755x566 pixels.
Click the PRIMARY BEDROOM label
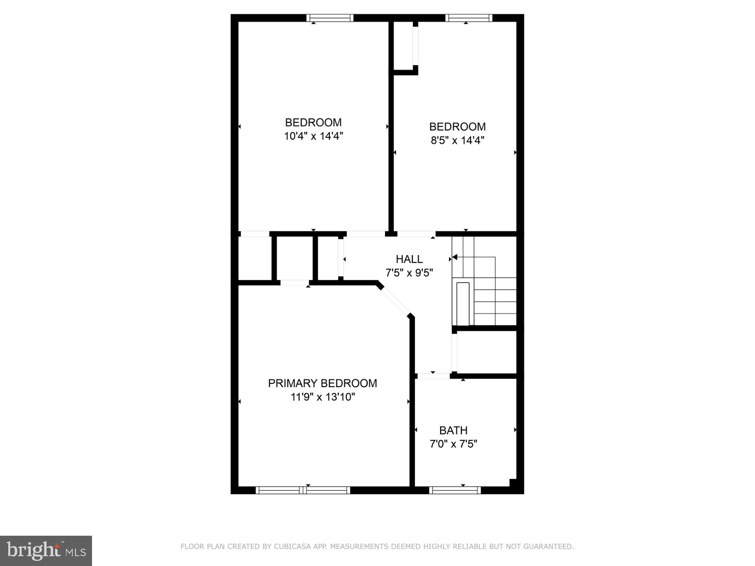(x=322, y=383)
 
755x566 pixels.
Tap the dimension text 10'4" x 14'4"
(x=313, y=136)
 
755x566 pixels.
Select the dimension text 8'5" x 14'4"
(x=457, y=140)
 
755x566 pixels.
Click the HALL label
(x=409, y=259)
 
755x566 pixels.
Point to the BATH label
(x=453, y=430)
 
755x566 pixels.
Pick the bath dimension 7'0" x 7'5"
(x=453, y=444)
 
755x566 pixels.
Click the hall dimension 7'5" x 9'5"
(x=409, y=273)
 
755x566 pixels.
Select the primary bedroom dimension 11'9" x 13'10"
(x=322, y=397)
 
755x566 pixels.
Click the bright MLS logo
(x=46, y=551)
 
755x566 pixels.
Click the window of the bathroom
(x=455, y=490)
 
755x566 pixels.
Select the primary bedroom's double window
(x=302, y=490)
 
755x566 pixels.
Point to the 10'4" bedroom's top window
(x=330, y=18)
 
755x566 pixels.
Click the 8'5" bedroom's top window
(x=469, y=18)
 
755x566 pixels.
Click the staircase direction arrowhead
(x=455, y=257)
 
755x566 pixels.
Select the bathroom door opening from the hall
(x=433, y=376)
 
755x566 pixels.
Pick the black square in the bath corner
(x=513, y=483)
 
